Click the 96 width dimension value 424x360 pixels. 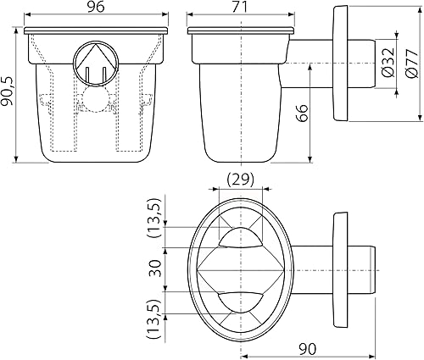(96, 7)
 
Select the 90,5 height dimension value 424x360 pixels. (8, 90)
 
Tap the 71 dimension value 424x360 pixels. (239, 7)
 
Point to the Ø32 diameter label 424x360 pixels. (388, 63)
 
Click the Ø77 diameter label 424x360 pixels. (411, 63)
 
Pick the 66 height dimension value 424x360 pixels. (303, 113)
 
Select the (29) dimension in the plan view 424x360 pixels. (241, 179)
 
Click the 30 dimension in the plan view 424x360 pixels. (155, 269)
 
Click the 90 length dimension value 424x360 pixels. (307, 349)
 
